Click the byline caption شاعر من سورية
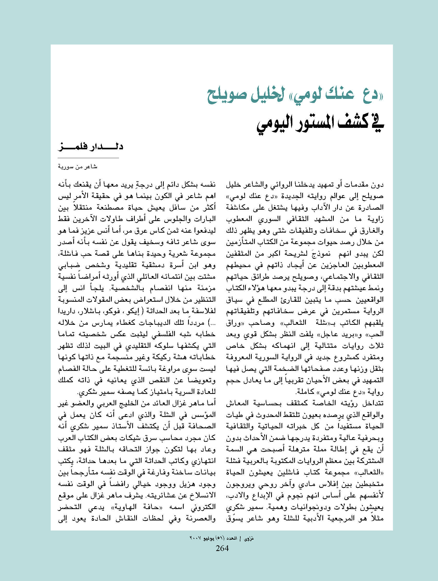pos(78,167)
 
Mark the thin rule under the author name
pos(88,158)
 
